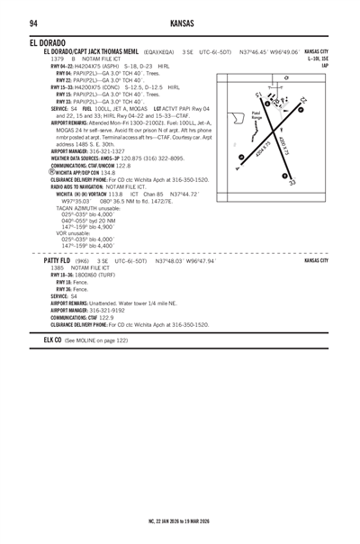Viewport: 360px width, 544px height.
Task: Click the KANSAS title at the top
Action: click(x=180, y=22)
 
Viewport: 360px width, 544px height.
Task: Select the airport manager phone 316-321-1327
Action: click(x=107, y=151)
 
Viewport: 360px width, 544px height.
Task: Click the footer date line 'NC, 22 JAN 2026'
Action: click(x=180, y=521)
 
